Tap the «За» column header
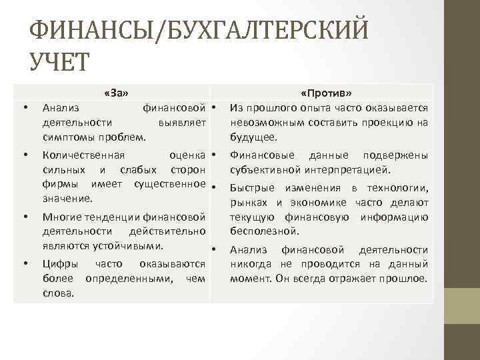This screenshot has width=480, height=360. coord(116,92)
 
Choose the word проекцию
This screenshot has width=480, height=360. coord(381,123)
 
